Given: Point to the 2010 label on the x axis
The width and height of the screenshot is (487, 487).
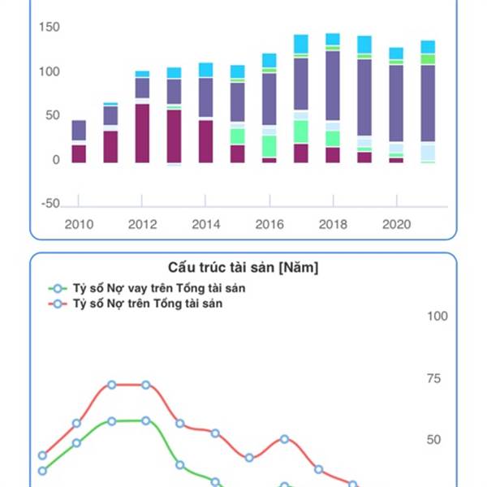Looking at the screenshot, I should coord(79,225).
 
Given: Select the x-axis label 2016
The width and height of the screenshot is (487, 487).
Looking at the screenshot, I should coord(269,225).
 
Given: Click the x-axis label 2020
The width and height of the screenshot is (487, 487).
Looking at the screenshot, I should coord(395,225).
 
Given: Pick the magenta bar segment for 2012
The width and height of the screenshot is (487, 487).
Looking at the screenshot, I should coord(142,133).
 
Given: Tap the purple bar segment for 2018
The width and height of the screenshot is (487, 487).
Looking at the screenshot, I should coord(332,85).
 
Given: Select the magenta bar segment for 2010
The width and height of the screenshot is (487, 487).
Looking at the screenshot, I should coord(79,153).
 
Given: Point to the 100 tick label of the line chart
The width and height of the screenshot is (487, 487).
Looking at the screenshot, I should coord(437,316).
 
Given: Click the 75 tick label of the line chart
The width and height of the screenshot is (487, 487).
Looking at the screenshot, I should coord(437,378).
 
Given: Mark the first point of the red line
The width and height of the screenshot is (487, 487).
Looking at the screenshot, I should coord(43,455).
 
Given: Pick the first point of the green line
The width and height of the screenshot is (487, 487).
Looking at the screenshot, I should coord(43,471).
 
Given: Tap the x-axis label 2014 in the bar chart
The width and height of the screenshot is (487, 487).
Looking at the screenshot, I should coord(205,225).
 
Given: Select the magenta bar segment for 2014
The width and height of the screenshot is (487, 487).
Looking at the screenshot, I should coord(205,141).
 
